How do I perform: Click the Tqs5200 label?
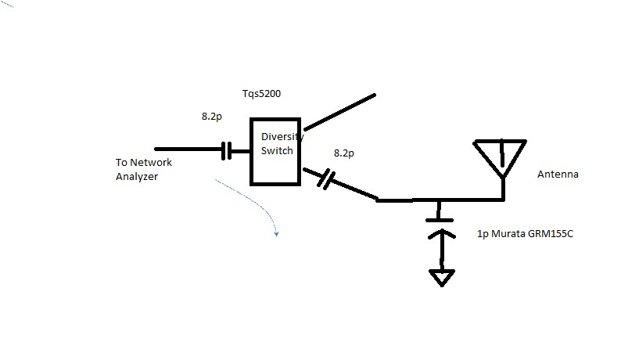click(x=261, y=94)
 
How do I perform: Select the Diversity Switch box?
click(x=275, y=152)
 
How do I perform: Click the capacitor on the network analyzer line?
click(x=226, y=149)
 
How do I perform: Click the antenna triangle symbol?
click(x=500, y=157)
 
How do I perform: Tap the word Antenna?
click(x=557, y=175)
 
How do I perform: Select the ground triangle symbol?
click(x=442, y=277)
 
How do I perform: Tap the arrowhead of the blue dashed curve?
click(x=275, y=232)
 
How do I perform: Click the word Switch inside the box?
click(x=278, y=151)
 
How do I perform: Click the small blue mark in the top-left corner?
click(x=8, y=5)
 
